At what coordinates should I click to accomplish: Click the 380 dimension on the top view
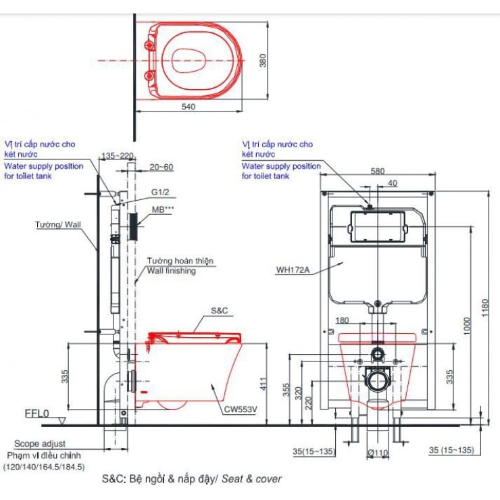coord(262,61)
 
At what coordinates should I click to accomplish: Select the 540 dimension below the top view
coord(189,107)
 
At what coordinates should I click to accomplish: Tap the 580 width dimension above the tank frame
coord(378,171)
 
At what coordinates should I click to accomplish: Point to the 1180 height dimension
coord(484,307)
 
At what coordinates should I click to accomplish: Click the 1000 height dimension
coord(467,326)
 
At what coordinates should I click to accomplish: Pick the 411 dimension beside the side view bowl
coord(264,384)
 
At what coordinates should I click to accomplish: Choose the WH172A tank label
coord(293,270)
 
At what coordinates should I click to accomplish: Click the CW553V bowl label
coord(241,409)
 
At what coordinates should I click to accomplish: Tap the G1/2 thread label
coord(160,193)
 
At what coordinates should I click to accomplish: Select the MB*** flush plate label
coord(163,209)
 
